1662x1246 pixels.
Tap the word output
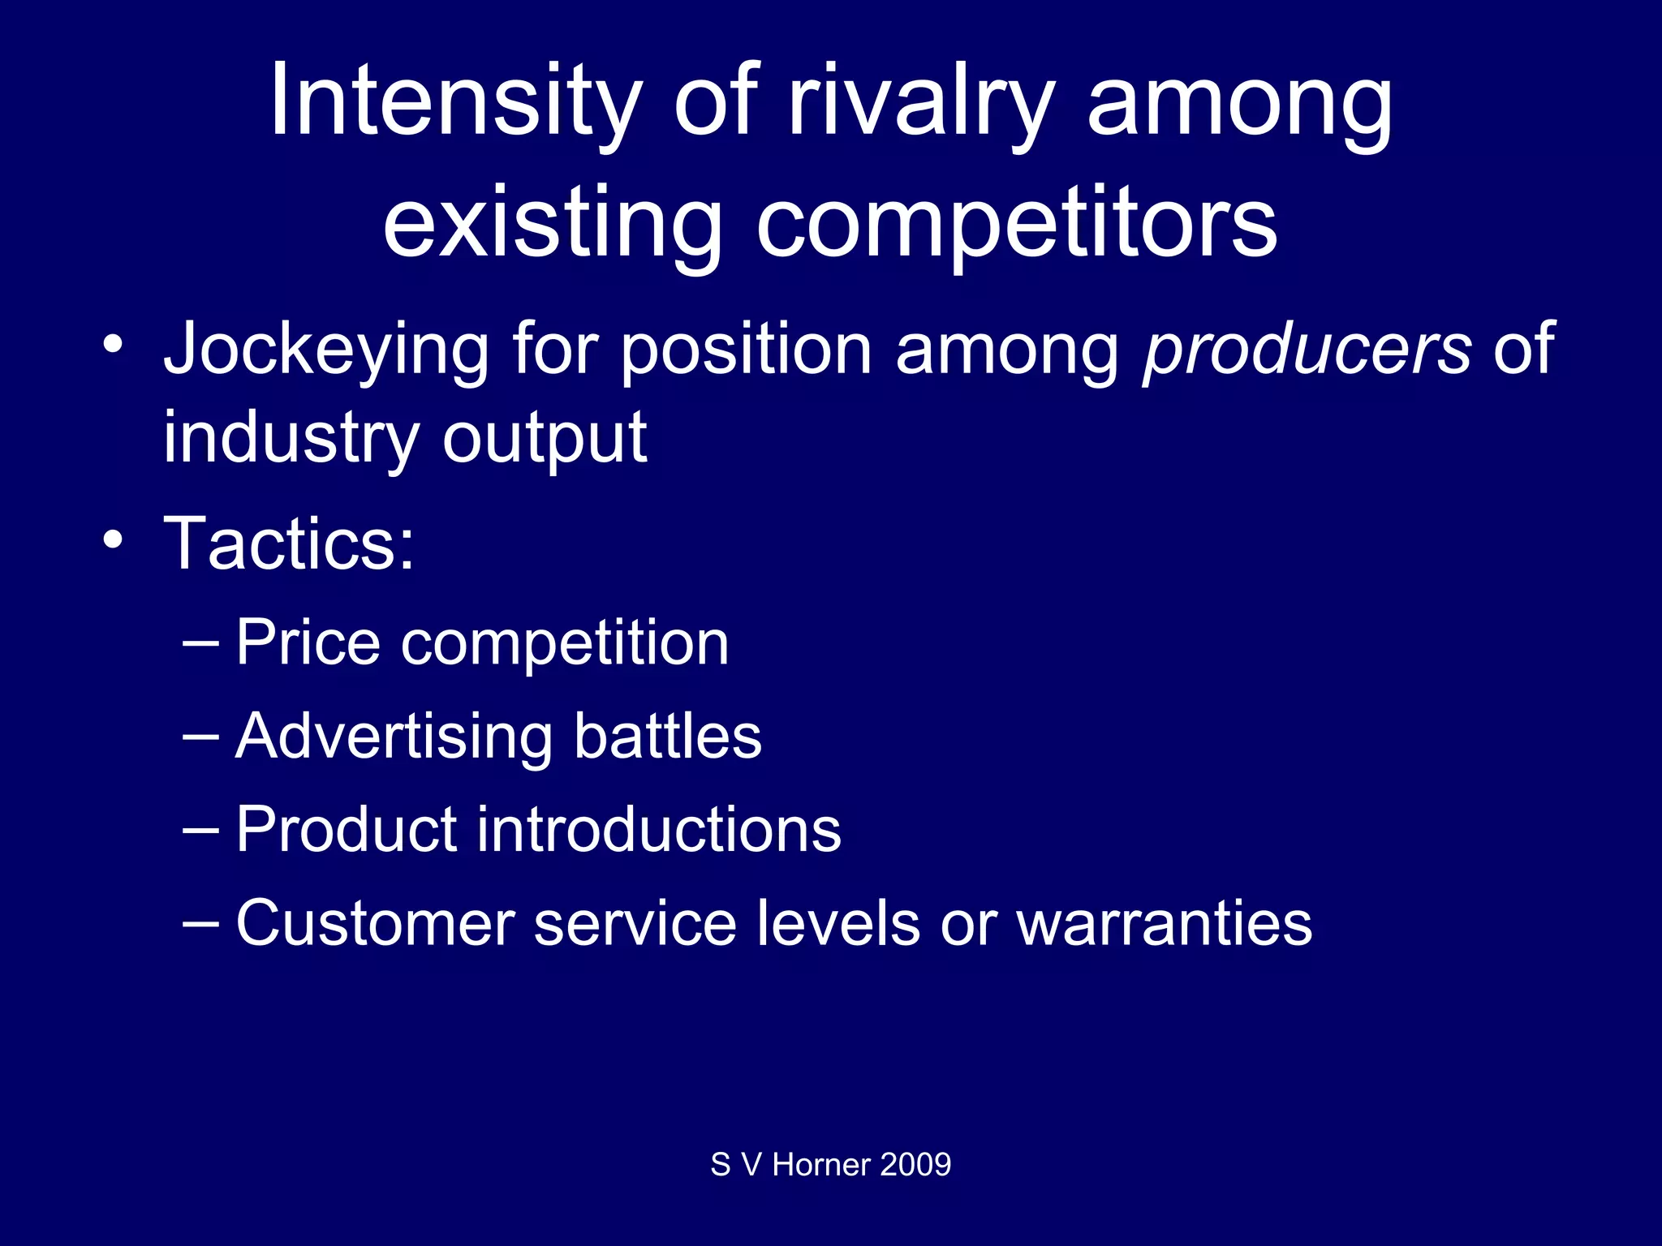click(545, 438)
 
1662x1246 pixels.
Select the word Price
click(308, 643)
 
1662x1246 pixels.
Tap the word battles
click(668, 737)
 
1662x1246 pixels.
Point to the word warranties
click(1164, 923)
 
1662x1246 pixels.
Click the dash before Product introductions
click(200, 830)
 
